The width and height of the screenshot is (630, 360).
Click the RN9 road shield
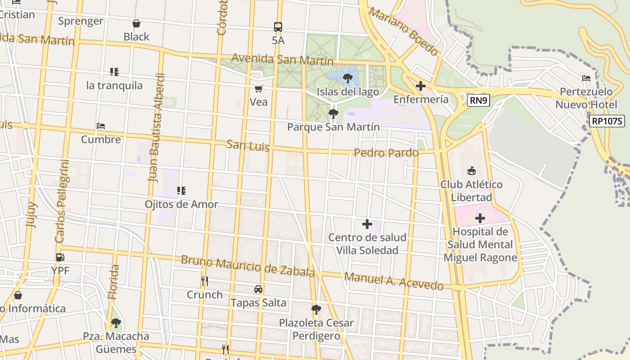478,100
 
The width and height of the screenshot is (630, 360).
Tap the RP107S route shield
607,121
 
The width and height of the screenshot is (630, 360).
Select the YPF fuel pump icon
60,257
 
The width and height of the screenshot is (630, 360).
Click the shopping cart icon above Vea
258,89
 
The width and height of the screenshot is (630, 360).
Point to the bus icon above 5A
278,27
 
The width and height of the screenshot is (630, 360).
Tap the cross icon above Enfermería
421,85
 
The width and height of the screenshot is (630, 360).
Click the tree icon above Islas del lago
347,78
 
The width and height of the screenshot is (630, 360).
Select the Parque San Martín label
333,127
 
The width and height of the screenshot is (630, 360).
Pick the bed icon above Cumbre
101,126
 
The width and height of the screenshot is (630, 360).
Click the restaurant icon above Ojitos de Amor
181,191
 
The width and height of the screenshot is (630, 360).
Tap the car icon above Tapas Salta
258,289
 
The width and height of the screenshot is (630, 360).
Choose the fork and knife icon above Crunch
205,281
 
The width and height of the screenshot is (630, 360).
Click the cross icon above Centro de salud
367,224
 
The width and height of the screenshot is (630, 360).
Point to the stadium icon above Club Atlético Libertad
471,171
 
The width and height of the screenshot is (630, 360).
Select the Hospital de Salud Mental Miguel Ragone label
480,245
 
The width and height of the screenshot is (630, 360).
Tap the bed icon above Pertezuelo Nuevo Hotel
586,78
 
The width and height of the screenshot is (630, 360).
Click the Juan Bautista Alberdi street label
155,128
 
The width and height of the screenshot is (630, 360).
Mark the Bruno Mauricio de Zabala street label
247,266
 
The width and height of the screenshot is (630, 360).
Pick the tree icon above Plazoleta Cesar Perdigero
316,309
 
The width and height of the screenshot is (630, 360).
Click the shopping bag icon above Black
136,23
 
